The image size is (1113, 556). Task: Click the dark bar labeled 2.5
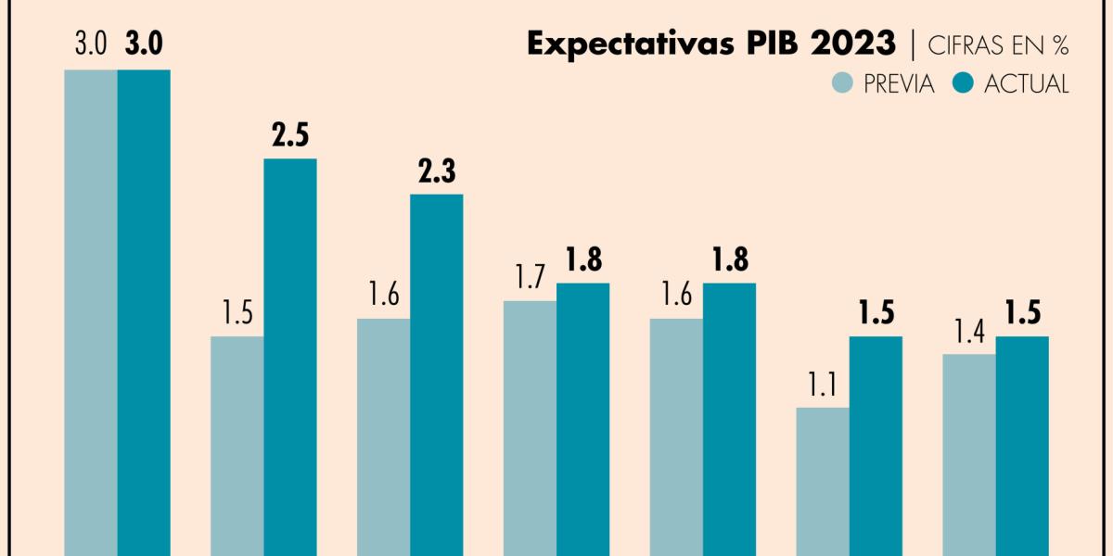click(290, 357)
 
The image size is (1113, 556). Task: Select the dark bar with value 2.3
click(437, 375)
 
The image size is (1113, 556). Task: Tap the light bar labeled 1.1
click(823, 482)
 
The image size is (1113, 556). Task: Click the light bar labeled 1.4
click(969, 454)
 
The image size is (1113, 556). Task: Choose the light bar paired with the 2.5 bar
click(237, 445)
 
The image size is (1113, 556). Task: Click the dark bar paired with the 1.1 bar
click(876, 445)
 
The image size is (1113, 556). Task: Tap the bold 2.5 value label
click(290, 136)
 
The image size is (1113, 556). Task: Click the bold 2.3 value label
click(437, 172)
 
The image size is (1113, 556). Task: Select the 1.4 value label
click(969, 332)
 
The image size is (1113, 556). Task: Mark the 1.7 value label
click(530, 278)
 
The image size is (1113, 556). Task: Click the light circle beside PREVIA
click(842, 82)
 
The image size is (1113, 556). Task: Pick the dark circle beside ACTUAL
click(963, 82)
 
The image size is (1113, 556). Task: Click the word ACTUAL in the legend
click(1026, 83)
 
